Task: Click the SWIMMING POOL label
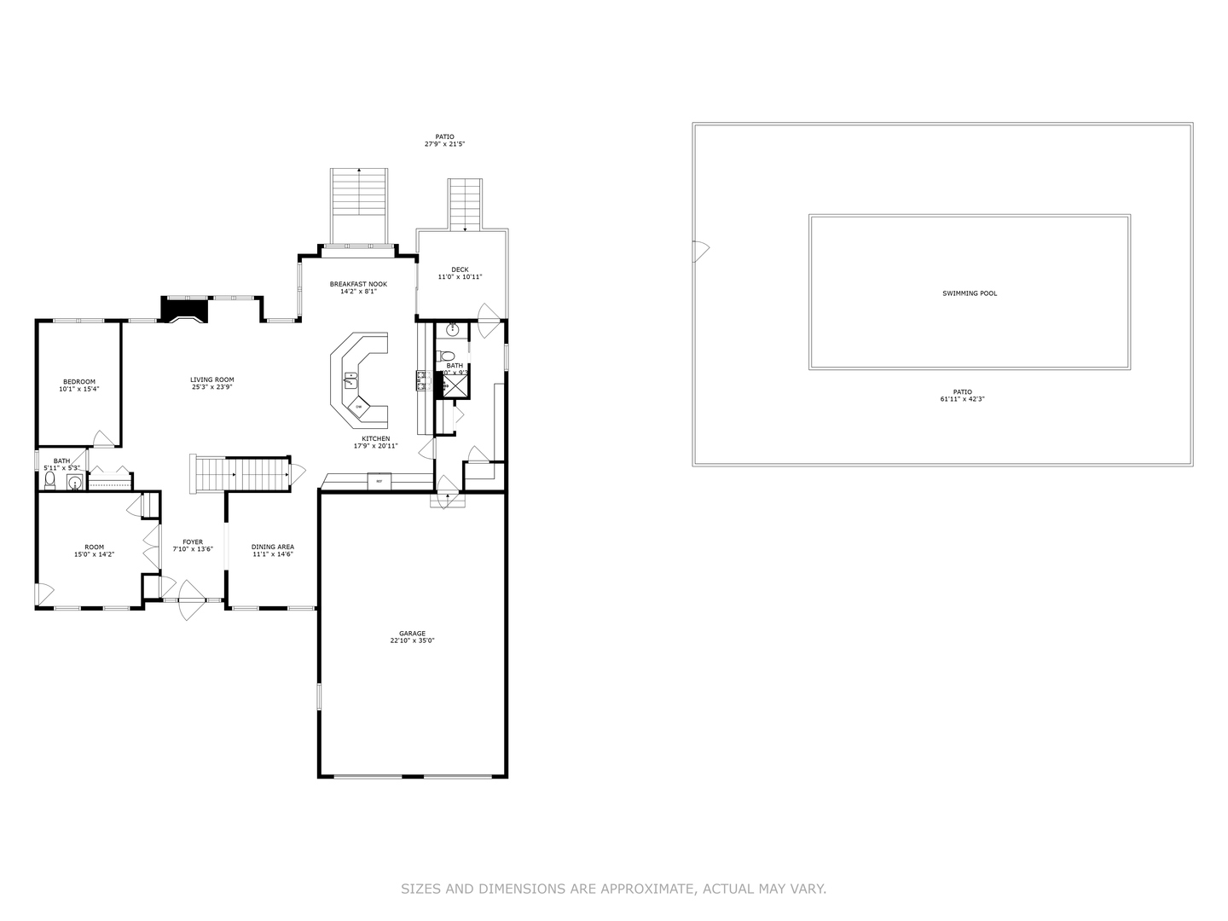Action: [x=970, y=293]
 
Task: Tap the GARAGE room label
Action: [x=412, y=634]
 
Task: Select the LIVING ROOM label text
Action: [x=212, y=379]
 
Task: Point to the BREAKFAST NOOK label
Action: [x=358, y=284]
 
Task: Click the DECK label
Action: [x=460, y=269]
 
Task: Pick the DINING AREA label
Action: [x=273, y=547]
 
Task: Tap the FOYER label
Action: [x=193, y=542]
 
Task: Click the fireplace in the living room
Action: [x=185, y=310]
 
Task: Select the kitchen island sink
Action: [x=350, y=378]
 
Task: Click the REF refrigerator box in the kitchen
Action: [x=379, y=482]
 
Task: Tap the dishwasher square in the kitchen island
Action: [x=359, y=407]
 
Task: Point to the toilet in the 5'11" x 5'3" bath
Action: [x=49, y=482]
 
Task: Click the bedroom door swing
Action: [x=103, y=438]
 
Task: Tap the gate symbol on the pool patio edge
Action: [x=700, y=251]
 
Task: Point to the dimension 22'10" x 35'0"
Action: [x=412, y=640]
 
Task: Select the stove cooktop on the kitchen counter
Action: [x=420, y=380]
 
